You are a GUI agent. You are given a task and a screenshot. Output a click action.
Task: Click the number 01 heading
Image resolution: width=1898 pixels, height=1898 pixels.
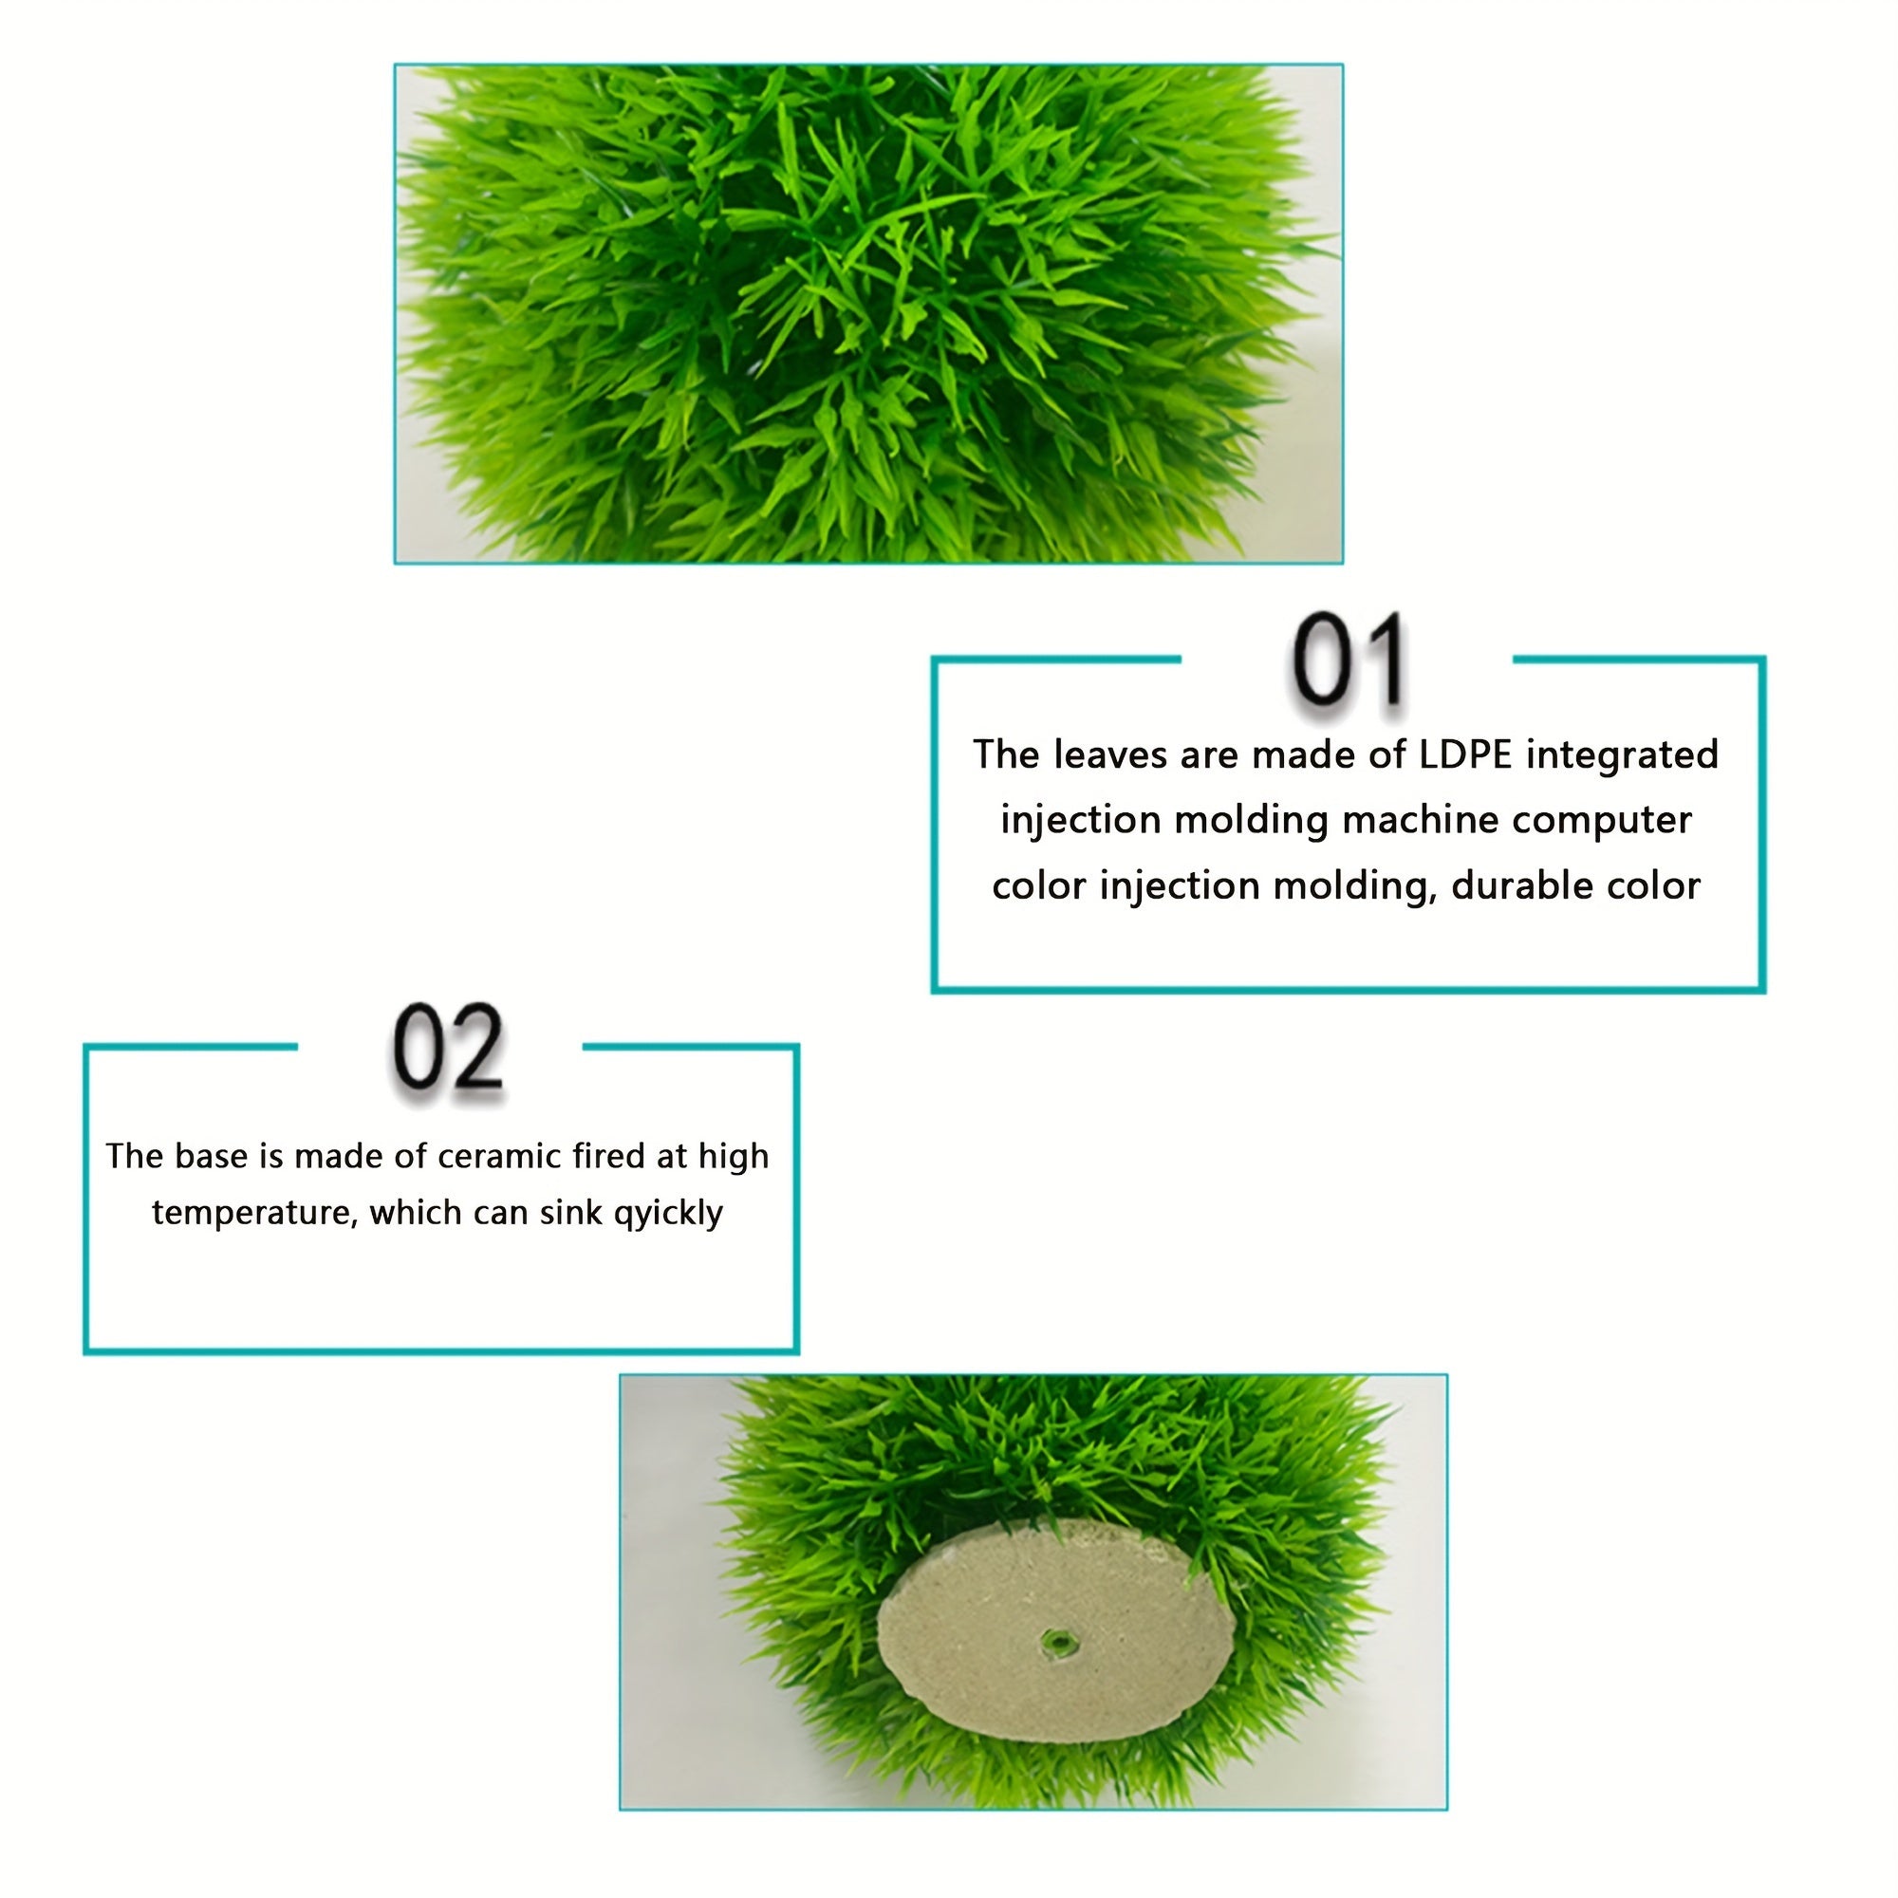point(1347,660)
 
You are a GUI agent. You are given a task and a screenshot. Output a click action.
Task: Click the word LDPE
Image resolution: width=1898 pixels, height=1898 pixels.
point(1466,754)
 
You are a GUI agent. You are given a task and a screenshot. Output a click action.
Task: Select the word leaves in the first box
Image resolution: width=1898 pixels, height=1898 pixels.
point(1110,754)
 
